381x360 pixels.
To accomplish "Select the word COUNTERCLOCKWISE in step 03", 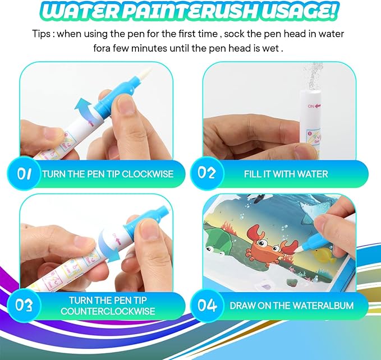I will (112, 311).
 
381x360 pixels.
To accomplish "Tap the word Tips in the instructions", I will (43, 34).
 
